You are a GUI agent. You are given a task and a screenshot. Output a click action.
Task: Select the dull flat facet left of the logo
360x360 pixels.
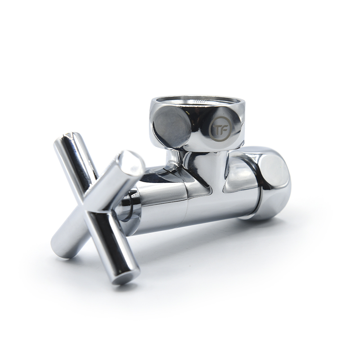(x=172, y=128)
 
